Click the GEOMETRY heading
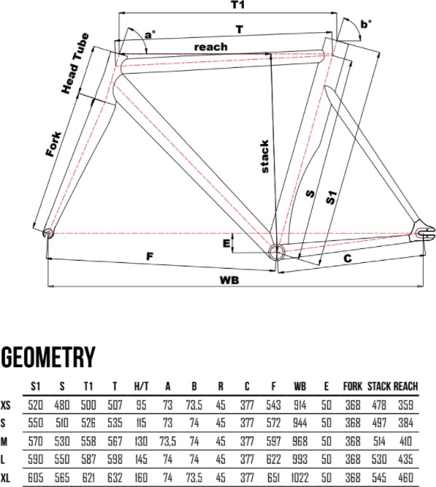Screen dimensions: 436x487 coord(48,357)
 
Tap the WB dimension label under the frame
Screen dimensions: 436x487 coord(229,280)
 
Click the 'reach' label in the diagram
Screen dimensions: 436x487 coord(211,47)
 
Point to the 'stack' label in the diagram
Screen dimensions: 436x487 coord(264,156)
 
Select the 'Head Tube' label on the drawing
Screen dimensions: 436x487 coord(75,64)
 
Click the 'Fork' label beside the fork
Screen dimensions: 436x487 coord(54,144)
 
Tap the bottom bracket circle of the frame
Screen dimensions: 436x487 coord(276,252)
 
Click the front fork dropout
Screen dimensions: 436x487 coord(48,234)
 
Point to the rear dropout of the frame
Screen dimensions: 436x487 coord(424,231)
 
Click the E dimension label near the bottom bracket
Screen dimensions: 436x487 coord(226,244)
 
